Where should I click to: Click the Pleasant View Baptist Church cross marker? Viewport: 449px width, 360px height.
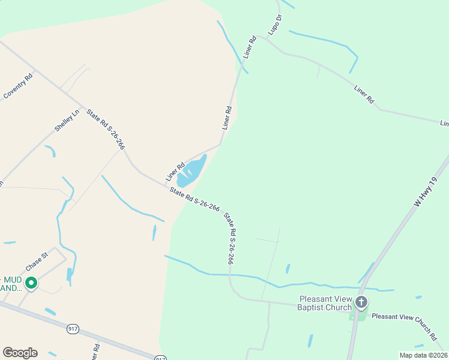(361, 302)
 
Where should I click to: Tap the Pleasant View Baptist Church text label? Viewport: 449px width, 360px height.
(325, 303)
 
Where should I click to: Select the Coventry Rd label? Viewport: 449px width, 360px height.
(18, 86)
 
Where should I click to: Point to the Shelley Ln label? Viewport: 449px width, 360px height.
(67, 121)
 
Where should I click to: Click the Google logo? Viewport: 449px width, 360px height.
(20, 353)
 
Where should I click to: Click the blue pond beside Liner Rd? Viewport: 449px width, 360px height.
(192, 170)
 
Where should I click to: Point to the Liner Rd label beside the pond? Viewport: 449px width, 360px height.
(175, 172)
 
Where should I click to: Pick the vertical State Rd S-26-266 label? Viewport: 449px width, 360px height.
(228, 238)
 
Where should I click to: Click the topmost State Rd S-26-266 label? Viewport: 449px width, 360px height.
(106, 128)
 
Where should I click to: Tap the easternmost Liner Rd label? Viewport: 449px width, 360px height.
(444, 124)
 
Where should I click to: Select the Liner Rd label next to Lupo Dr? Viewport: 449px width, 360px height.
(250, 47)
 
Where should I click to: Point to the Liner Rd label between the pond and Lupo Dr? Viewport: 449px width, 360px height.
(227, 118)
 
